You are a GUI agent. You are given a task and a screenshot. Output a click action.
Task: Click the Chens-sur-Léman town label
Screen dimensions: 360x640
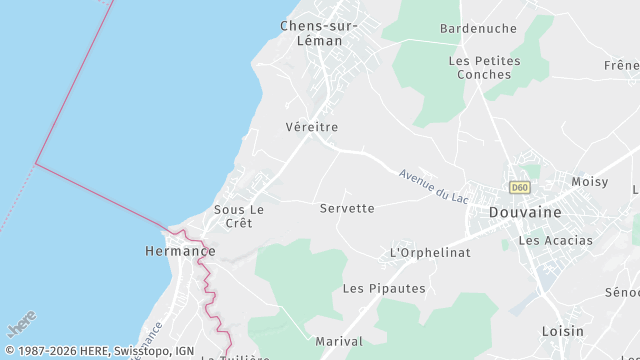[x=311, y=33]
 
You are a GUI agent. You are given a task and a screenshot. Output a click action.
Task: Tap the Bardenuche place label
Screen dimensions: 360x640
[x=477, y=28]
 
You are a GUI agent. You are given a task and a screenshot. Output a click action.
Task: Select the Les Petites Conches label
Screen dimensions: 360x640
[x=484, y=67]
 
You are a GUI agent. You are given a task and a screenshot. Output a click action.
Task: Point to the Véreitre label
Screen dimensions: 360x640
[x=311, y=127]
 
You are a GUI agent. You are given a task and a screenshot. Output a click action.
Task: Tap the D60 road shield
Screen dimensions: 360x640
[x=518, y=187]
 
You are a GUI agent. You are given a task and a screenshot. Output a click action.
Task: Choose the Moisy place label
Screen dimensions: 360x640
[x=589, y=182]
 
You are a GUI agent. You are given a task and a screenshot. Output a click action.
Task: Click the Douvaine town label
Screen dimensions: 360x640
[x=525, y=212]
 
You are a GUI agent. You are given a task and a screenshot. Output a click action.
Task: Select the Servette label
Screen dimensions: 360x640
[x=347, y=208]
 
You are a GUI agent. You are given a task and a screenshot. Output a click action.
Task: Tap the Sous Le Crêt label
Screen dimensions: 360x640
[x=239, y=216]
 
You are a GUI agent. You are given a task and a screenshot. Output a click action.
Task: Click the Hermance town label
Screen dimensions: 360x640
[x=173, y=251]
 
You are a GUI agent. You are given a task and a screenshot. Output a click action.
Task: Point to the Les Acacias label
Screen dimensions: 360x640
[x=555, y=240]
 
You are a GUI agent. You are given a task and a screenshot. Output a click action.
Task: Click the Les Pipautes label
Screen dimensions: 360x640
[x=384, y=288]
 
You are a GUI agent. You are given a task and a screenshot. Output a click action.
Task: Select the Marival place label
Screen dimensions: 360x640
[x=339, y=341]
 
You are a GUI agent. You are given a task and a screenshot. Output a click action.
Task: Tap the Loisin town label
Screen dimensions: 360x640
[x=562, y=331]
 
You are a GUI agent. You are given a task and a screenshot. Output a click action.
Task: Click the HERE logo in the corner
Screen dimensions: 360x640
[x=20, y=327]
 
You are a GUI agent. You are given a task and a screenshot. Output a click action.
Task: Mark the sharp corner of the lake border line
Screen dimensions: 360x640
[x=36, y=163]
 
